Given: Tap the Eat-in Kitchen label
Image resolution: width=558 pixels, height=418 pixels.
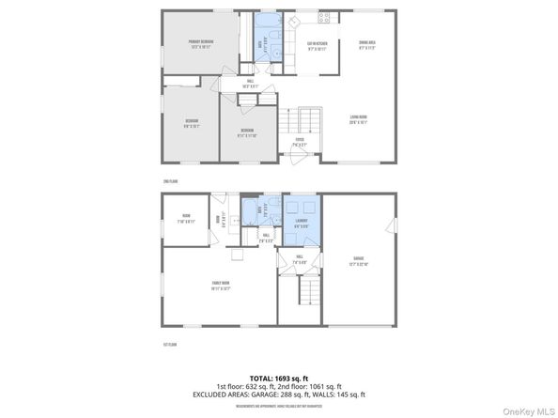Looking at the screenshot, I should [316, 44].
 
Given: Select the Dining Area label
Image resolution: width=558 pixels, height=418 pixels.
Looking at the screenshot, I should [367, 44].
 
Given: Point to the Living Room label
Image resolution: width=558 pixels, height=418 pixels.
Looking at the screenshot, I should [358, 118].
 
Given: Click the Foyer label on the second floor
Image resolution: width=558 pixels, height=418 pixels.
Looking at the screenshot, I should [300, 143].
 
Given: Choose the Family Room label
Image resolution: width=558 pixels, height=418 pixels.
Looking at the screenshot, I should [220, 285].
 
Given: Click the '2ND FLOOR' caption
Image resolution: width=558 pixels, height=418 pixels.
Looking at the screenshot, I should [170, 179].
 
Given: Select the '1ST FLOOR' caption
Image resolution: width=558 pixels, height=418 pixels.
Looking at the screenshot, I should [170, 344].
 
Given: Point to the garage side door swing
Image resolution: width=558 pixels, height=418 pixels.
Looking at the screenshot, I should [388, 224].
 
